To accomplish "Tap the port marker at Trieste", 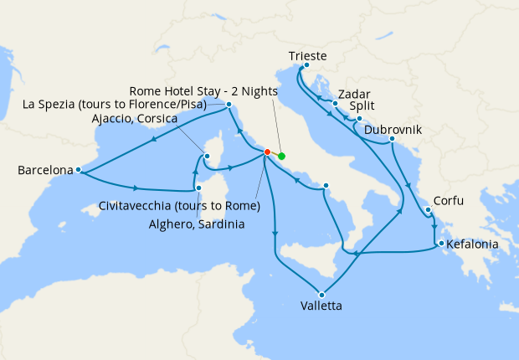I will pos(307,65).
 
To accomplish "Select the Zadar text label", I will pos(355,95).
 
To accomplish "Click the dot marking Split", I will pos(358,119).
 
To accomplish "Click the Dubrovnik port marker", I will pos(392,138).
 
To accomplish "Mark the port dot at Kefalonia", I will pos(439,244).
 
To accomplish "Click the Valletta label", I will pos(321,306).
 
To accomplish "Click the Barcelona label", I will pos(44,170).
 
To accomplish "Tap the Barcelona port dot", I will pos(78,170).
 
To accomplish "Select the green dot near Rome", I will pos(281,156).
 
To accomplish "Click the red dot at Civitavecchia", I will pos(267,152).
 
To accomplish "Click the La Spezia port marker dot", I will pos(229,105).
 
